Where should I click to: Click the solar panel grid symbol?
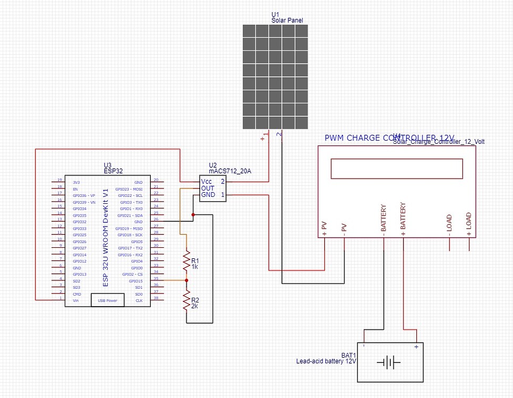(x=275, y=77)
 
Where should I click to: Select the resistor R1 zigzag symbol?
(x=186, y=261)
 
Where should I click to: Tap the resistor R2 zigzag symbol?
(x=186, y=301)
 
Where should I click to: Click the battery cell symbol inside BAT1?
(x=389, y=363)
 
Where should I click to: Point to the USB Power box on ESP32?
(x=108, y=300)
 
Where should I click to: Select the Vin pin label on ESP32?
(x=76, y=300)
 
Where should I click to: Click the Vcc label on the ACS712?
(x=207, y=181)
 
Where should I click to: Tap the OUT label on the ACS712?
(x=207, y=188)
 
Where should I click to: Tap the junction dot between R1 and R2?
(x=186, y=280)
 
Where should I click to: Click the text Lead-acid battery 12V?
(x=326, y=361)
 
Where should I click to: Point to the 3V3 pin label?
(x=76, y=182)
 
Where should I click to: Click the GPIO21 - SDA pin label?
(x=131, y=215)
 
